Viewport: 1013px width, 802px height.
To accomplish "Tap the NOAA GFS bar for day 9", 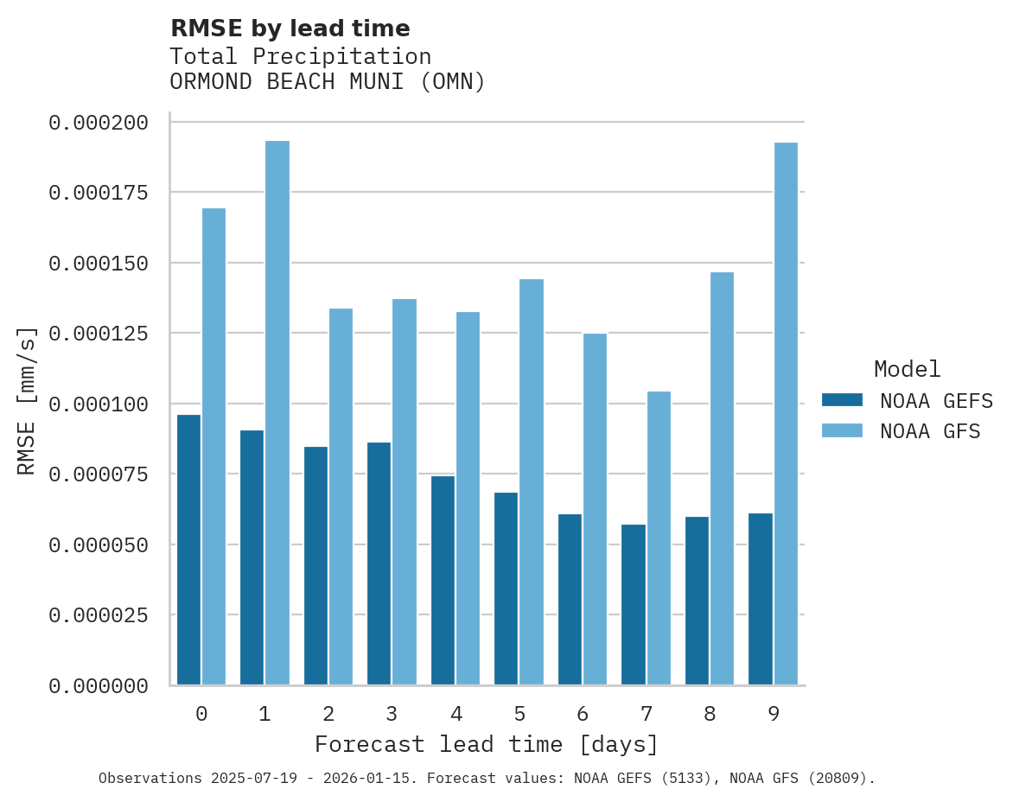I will coord(786,414).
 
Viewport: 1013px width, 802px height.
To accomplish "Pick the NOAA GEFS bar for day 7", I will coord(634,604).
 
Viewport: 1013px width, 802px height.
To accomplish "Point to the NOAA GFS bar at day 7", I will coord(659,538).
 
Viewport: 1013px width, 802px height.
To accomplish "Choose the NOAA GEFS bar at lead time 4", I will coord(443,580).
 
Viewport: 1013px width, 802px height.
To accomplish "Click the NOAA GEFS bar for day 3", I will coord(379,563).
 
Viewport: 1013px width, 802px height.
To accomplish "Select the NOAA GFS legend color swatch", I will coord(842,430).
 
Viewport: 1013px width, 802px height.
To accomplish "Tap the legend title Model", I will coord(907,369).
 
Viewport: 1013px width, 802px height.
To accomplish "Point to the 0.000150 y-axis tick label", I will coord(99,263).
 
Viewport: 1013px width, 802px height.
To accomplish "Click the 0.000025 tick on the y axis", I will coord(99,615).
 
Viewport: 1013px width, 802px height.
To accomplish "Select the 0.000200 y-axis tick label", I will coord(99,123).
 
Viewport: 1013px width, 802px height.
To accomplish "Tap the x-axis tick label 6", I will coord(583,714).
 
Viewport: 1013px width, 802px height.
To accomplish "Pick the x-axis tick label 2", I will coord(328,714).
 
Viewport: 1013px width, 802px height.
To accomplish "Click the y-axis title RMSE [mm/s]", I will coord(27,400).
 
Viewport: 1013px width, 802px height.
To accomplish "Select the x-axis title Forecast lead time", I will coord(487,744).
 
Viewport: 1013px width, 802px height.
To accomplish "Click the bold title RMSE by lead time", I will coord(290,29).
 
